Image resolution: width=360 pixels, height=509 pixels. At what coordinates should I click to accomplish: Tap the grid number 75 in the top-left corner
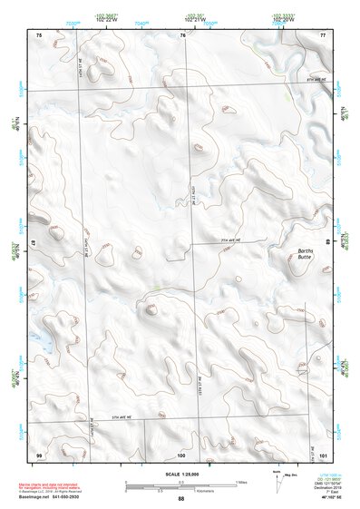(39, 34)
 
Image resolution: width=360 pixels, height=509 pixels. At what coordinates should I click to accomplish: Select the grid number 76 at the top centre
(182, 34)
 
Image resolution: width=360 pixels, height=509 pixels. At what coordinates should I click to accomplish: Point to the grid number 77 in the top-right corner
(322, 34)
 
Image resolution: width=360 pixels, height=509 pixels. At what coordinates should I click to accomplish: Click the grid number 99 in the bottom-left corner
(39, 453)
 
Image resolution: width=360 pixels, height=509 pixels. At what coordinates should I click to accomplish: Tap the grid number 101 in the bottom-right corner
(322, 453)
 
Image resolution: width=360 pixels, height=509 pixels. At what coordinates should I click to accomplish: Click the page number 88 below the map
(180, 499)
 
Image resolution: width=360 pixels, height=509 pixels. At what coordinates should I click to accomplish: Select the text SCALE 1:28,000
(180, 475)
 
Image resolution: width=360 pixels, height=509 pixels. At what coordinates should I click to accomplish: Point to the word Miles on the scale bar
(240, 481)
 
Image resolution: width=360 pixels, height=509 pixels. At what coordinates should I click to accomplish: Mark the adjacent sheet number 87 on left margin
(34, 245)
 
